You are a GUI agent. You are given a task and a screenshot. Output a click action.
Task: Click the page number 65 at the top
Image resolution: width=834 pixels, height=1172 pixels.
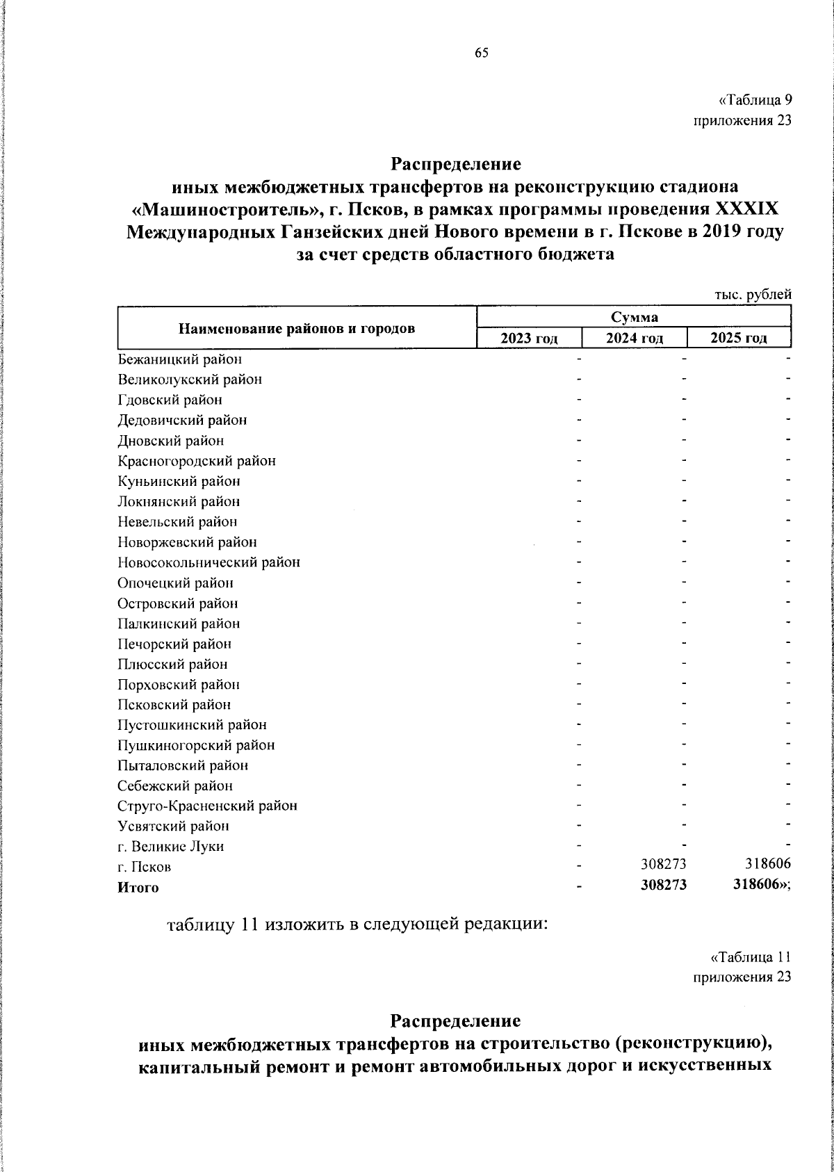482,54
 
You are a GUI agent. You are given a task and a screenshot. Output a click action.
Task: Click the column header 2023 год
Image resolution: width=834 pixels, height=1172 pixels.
530,339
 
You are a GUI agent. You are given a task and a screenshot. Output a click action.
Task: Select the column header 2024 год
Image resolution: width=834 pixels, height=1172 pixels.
634,339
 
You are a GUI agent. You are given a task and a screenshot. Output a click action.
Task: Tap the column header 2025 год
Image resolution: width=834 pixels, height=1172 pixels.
739,339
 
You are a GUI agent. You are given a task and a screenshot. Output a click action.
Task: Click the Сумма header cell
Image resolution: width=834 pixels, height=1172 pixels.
634,317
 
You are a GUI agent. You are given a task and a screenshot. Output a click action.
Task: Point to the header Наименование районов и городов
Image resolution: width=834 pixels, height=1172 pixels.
297,328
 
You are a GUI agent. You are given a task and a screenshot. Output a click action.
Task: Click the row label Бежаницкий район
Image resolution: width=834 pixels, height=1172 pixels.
180,359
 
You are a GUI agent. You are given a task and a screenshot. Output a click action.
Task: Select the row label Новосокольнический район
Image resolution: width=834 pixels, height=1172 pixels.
209,562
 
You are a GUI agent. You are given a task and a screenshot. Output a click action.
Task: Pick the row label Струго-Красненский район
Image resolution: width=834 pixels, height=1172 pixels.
208,806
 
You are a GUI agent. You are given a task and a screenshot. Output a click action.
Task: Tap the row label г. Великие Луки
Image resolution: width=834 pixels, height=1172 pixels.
171,847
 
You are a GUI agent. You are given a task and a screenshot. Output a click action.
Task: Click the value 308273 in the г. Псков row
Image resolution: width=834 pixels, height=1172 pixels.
663,866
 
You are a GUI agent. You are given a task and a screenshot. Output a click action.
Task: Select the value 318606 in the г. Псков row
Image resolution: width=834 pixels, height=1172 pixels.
767,866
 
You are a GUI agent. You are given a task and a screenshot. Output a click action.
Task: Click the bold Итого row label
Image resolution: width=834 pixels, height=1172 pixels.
138,888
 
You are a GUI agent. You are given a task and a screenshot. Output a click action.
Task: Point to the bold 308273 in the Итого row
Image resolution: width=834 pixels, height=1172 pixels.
663,886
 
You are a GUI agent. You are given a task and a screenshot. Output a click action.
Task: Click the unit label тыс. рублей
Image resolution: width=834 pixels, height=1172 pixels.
753,295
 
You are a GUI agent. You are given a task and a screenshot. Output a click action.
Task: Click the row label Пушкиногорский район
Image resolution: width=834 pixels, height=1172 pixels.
196,745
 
